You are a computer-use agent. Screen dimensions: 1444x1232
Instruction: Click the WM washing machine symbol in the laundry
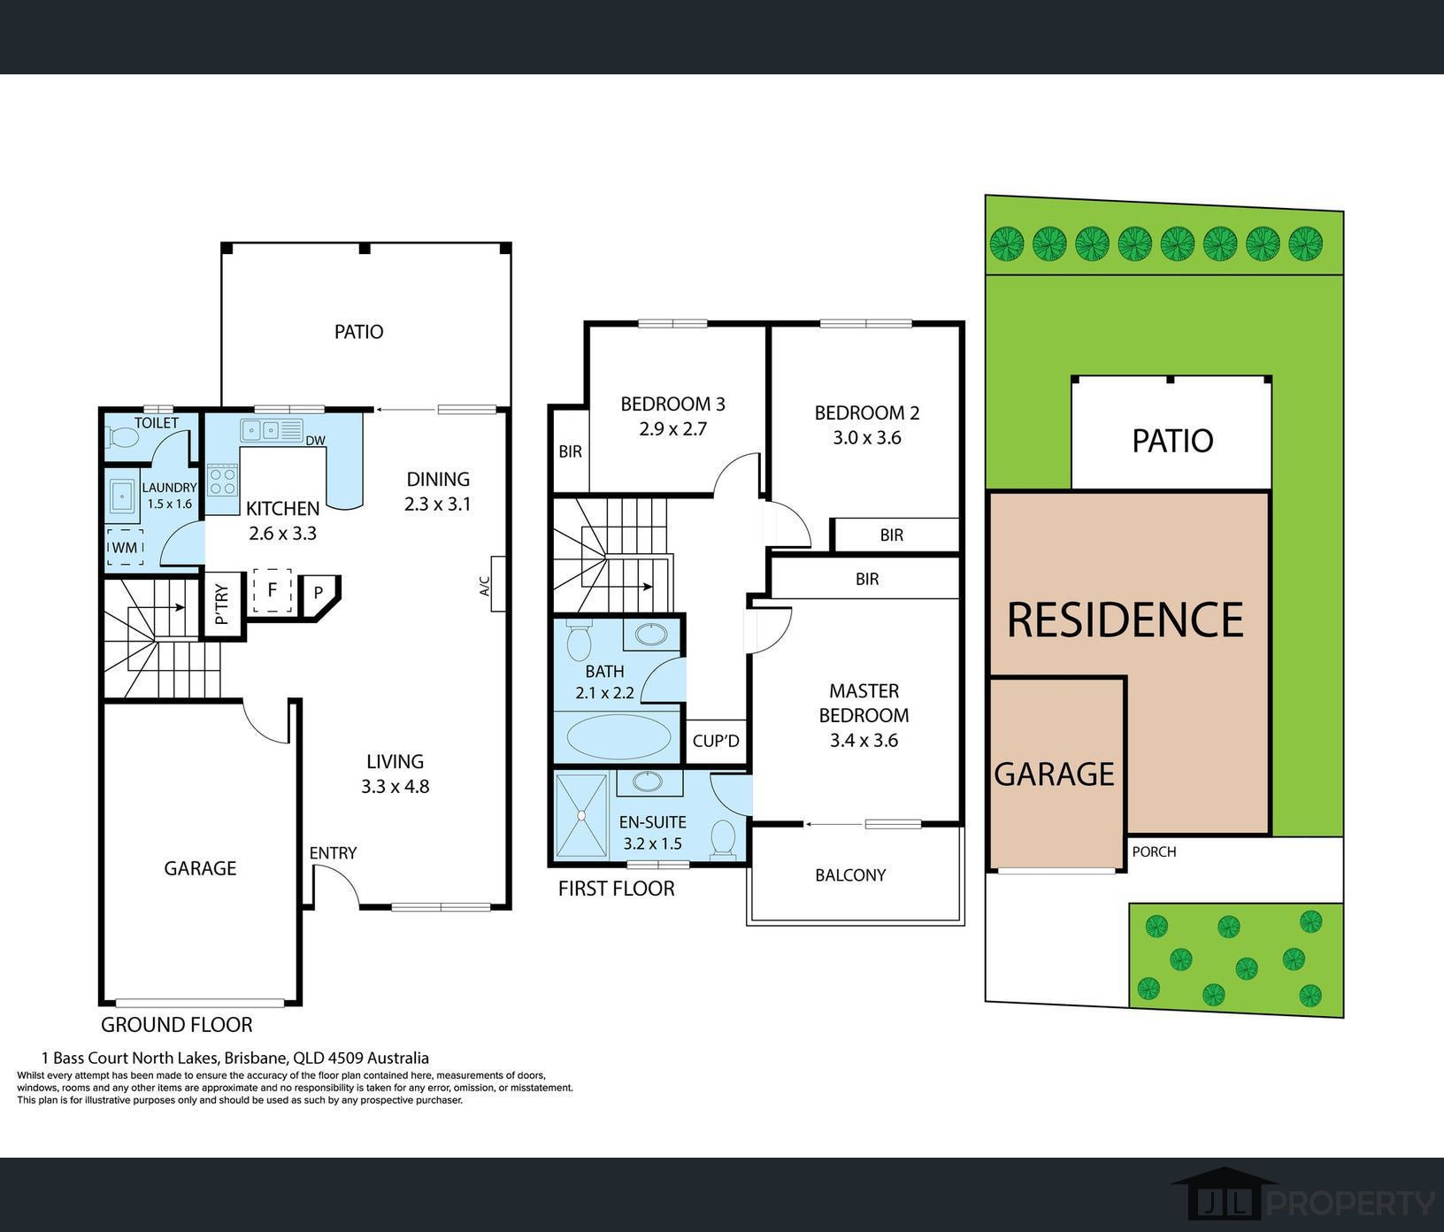tap(125, 548)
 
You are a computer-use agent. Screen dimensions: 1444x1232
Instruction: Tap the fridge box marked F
tap(273, 590)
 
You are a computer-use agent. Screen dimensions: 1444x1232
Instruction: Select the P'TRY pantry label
tap(222, 604)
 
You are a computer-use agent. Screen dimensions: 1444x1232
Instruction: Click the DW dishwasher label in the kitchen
tap(315, 440)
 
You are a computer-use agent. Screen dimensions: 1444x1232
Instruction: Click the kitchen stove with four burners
tap(223, 481)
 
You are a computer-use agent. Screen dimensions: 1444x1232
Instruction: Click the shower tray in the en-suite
tap(581, 815)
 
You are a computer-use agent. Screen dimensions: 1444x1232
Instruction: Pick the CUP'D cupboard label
tap(716, 740)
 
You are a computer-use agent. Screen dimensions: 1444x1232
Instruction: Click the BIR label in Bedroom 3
tap(571, 451)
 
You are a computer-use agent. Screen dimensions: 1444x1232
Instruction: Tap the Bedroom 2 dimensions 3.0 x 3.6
tap(867, 437)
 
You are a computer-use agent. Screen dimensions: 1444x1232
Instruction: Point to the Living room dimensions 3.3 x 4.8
tap(396, 786)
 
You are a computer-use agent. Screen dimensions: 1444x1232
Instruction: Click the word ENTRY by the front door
tap(333, 853)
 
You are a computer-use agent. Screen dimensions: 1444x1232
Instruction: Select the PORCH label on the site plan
tap(1155, 851)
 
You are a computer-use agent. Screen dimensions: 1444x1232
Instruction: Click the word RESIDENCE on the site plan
tap(1125, 620)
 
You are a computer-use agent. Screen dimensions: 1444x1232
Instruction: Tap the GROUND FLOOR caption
tap(177, 1025)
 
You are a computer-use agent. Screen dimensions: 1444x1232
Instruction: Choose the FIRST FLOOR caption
tap(616, 889)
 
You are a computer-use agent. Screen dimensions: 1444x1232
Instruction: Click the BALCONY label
tap(850, 875)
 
